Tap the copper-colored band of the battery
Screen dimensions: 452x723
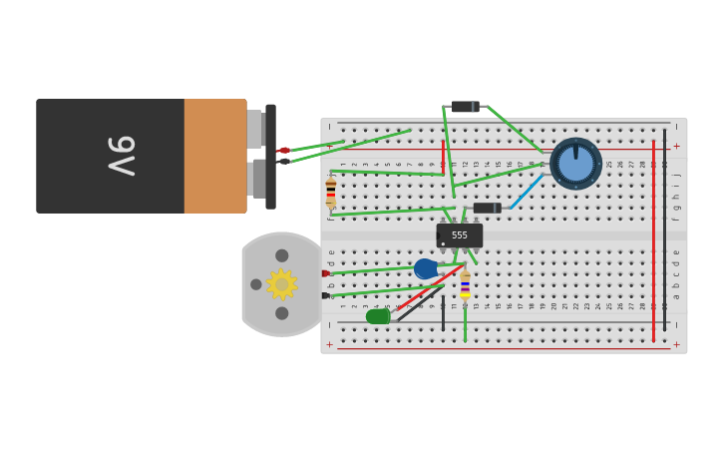(x=214, y=156)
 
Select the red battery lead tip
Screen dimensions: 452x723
(x=284, y=151)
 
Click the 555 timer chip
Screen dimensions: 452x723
(x=460, y=235)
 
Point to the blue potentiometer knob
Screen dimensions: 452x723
(x=575, y=164)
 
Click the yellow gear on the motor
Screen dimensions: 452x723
(x=281, y=284)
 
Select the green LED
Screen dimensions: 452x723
(x=377, y=316)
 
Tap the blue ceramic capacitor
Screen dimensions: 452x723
(x=426, y=268)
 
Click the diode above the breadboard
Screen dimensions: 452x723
(x=465, y=107)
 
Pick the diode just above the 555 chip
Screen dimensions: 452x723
(x=487, y=209)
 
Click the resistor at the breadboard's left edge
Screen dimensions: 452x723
(x=331, y=193)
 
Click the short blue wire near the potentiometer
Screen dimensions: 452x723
(x=528, y=192)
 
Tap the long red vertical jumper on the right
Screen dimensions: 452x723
(x=653, y=239)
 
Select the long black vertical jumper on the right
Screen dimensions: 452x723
(x=665, y=229)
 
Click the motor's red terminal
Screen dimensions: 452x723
(x=325, y=273)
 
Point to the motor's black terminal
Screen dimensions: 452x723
(x=325, y=295)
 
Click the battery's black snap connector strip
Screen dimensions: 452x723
(x=270, y=157)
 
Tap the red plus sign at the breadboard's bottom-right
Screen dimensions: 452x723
(x=676, y=344)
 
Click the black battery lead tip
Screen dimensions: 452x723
(x=284, y=161)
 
